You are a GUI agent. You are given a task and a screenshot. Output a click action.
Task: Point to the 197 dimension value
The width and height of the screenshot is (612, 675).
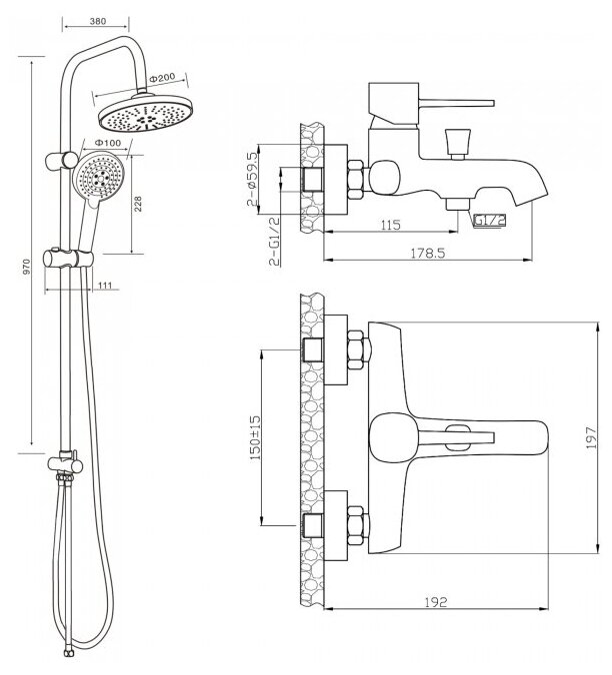point(590,436)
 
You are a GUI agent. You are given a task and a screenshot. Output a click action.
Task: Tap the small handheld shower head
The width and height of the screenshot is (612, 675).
point(98,181)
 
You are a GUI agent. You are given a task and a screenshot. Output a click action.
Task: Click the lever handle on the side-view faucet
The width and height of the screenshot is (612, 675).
point(440,102)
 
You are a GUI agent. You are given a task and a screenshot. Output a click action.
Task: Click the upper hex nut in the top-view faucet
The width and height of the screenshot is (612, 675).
point(353,349)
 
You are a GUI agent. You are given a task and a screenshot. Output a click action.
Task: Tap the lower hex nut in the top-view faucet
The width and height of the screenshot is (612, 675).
point(353,520)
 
